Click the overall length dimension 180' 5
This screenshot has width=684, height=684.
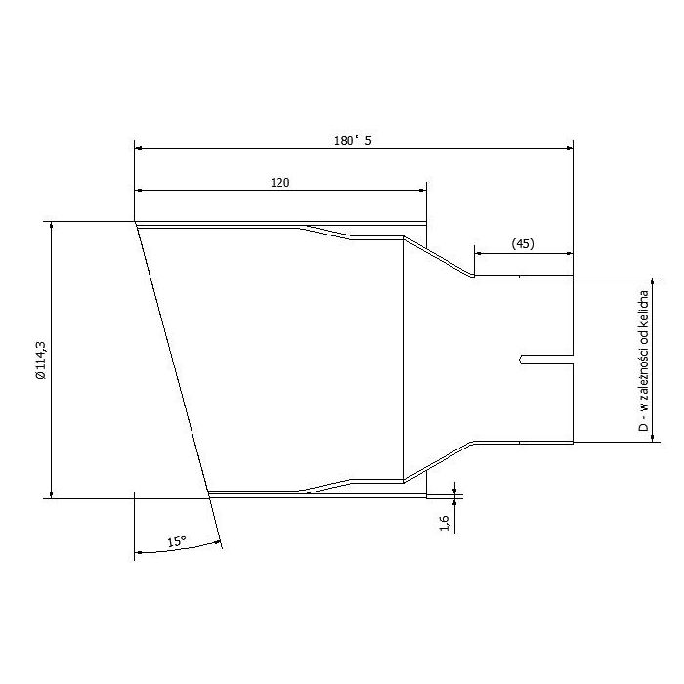click(x=353, y=140)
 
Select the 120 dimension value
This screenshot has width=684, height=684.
click(x=279, y=182)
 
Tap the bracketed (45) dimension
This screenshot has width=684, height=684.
click(x=523, y=244)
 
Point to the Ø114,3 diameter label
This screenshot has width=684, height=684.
click(x=40, y=359)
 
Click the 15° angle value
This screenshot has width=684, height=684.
click(x=176, y=540)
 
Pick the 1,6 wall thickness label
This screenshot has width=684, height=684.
click(x=446, y=523)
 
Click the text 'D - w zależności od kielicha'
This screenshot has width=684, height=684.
click(x=644, y=359)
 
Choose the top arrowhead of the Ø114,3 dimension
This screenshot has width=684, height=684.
click(x=49, y=228)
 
